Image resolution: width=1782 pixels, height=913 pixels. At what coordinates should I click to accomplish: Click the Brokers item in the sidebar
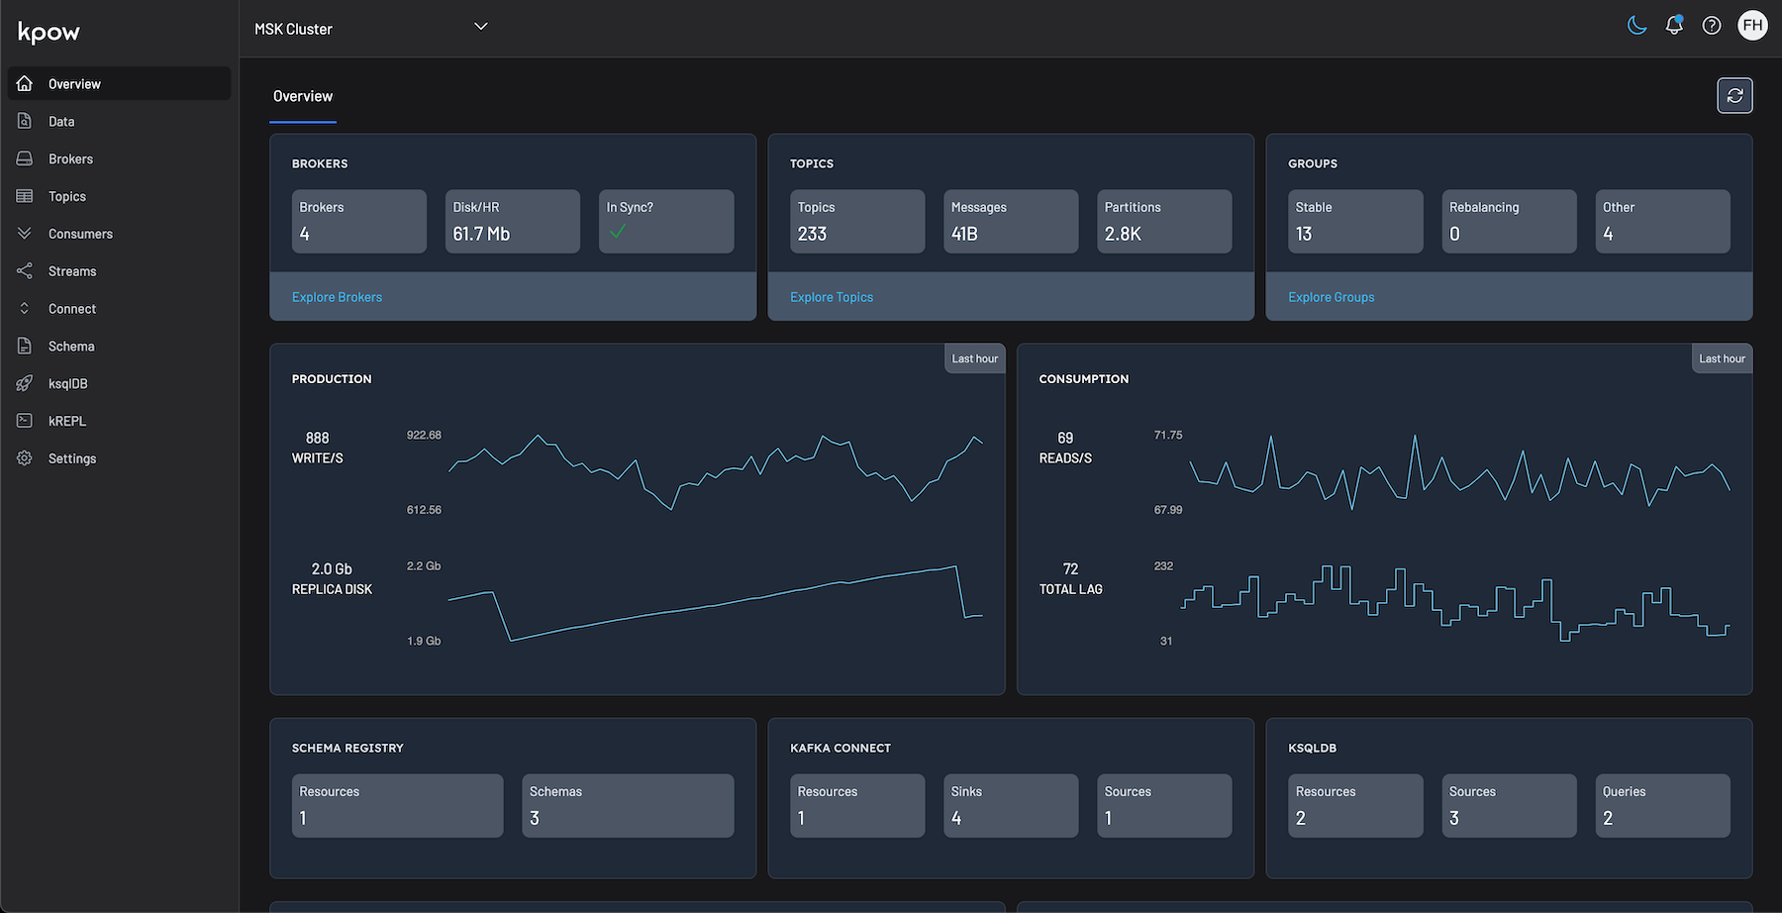(69, 159)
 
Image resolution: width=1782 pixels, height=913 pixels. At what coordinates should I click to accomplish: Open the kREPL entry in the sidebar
(66, 421)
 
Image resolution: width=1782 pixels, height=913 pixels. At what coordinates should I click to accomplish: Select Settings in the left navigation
(71, 458)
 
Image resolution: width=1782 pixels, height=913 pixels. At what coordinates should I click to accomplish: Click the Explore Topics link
(831, 297)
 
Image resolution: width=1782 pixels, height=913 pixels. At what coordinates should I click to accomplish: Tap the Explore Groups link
(1331, 297)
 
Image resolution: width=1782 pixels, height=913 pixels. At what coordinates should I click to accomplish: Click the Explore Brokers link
(337, 297)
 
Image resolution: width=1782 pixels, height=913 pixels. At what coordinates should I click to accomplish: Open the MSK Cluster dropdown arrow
(481, 27)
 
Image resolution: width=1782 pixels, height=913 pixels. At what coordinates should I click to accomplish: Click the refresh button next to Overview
(1734, 96)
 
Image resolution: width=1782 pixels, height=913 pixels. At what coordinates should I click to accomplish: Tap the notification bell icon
(1674, 26)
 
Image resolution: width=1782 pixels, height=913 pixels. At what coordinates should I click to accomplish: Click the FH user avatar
(1752, 26)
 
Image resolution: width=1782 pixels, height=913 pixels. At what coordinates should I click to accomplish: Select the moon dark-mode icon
(1636, 26)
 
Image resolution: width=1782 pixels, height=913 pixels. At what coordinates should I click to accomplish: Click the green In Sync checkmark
(618, 232)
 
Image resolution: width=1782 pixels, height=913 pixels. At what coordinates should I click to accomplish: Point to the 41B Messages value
(964, 234)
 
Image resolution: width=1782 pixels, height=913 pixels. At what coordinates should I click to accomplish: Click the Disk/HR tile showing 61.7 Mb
(512, 222)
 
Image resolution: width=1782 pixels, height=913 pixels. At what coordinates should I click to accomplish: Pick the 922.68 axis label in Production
(424, 435)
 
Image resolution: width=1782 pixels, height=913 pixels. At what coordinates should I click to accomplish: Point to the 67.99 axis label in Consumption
(1167, 510)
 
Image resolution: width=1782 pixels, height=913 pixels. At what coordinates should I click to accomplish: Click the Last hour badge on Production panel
(974, 358)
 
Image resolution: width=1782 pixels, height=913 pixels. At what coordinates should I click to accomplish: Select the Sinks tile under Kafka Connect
(1010, 806)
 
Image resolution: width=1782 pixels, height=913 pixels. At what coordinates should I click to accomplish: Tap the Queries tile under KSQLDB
(1662, 806)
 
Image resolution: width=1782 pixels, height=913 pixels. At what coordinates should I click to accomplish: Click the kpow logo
(49, 33)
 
